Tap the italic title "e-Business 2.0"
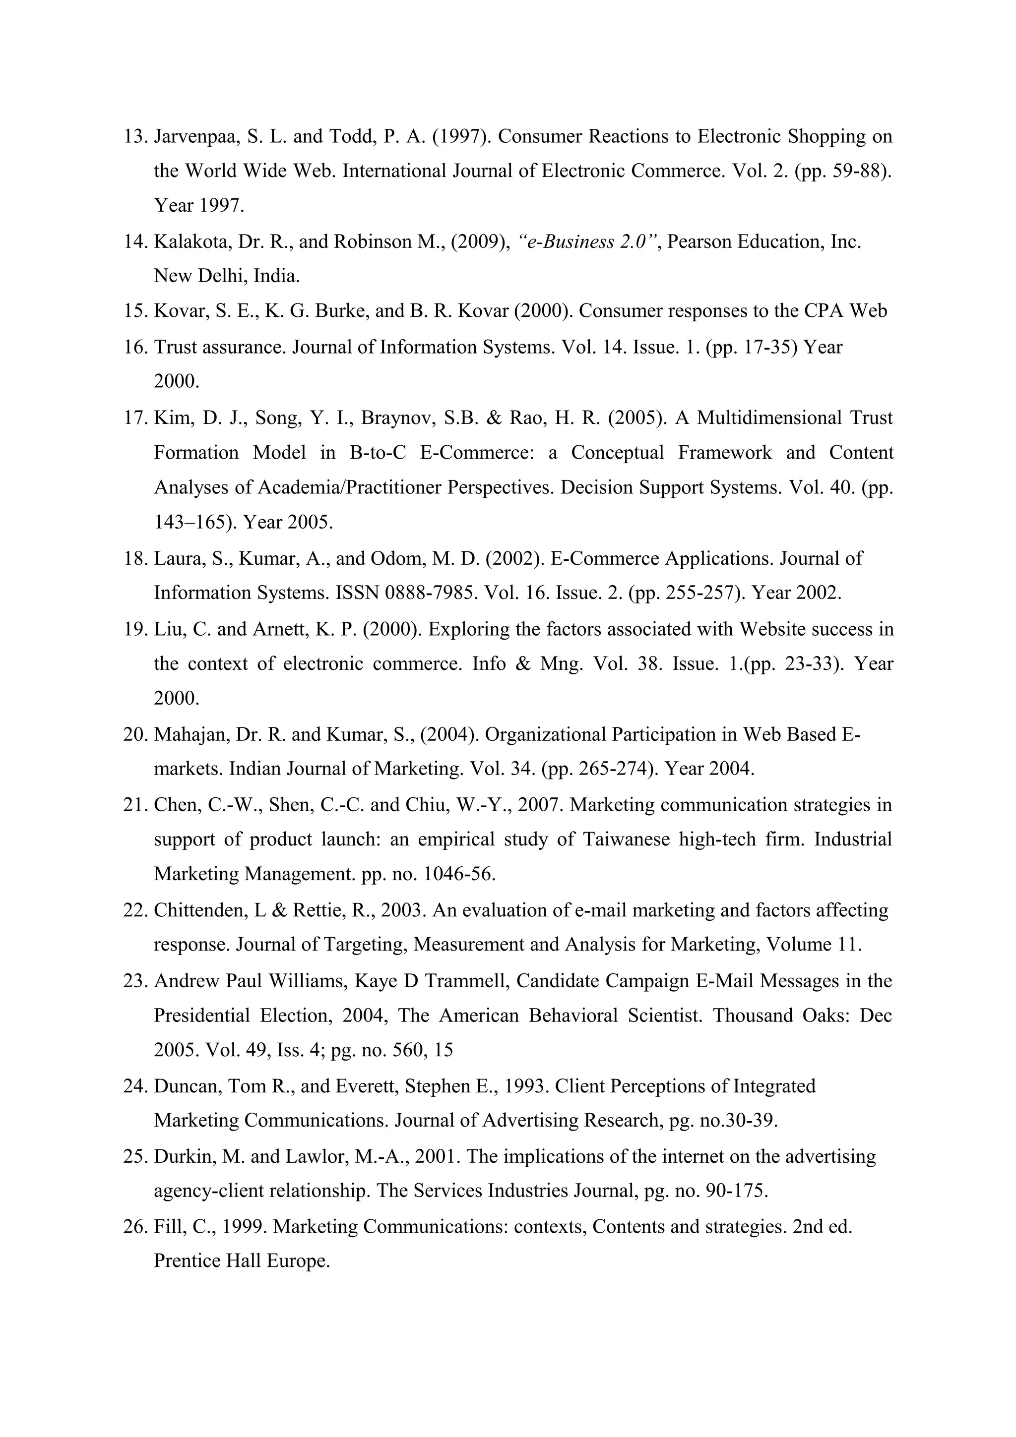coord(589,241)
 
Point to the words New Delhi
coord(200,276)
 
